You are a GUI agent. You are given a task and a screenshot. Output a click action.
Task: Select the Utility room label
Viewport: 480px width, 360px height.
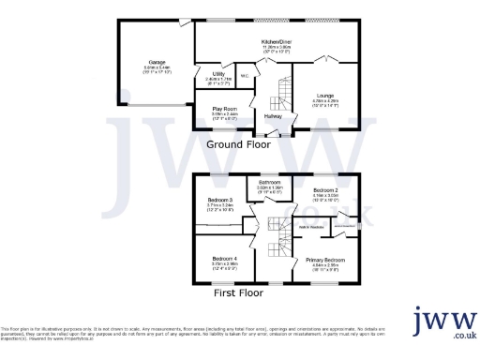click(217, 73)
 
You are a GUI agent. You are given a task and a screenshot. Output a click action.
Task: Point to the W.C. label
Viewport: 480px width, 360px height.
click(245, 77)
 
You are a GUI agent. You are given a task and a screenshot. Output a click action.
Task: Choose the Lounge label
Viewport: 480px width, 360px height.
click(325, 96)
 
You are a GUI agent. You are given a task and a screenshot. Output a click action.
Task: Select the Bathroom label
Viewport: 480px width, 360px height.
click(270, 182)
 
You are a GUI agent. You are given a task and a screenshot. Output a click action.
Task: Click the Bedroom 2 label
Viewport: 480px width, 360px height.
click(325, 190)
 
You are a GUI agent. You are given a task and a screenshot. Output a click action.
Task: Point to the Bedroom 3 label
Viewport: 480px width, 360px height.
click(221, 200)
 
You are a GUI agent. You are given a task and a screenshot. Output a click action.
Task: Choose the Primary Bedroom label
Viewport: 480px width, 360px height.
click(328, 260)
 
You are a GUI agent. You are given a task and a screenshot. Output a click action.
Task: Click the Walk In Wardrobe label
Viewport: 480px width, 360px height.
click(310, 227)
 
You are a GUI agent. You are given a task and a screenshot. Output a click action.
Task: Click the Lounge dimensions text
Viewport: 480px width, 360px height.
click(325, 103)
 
